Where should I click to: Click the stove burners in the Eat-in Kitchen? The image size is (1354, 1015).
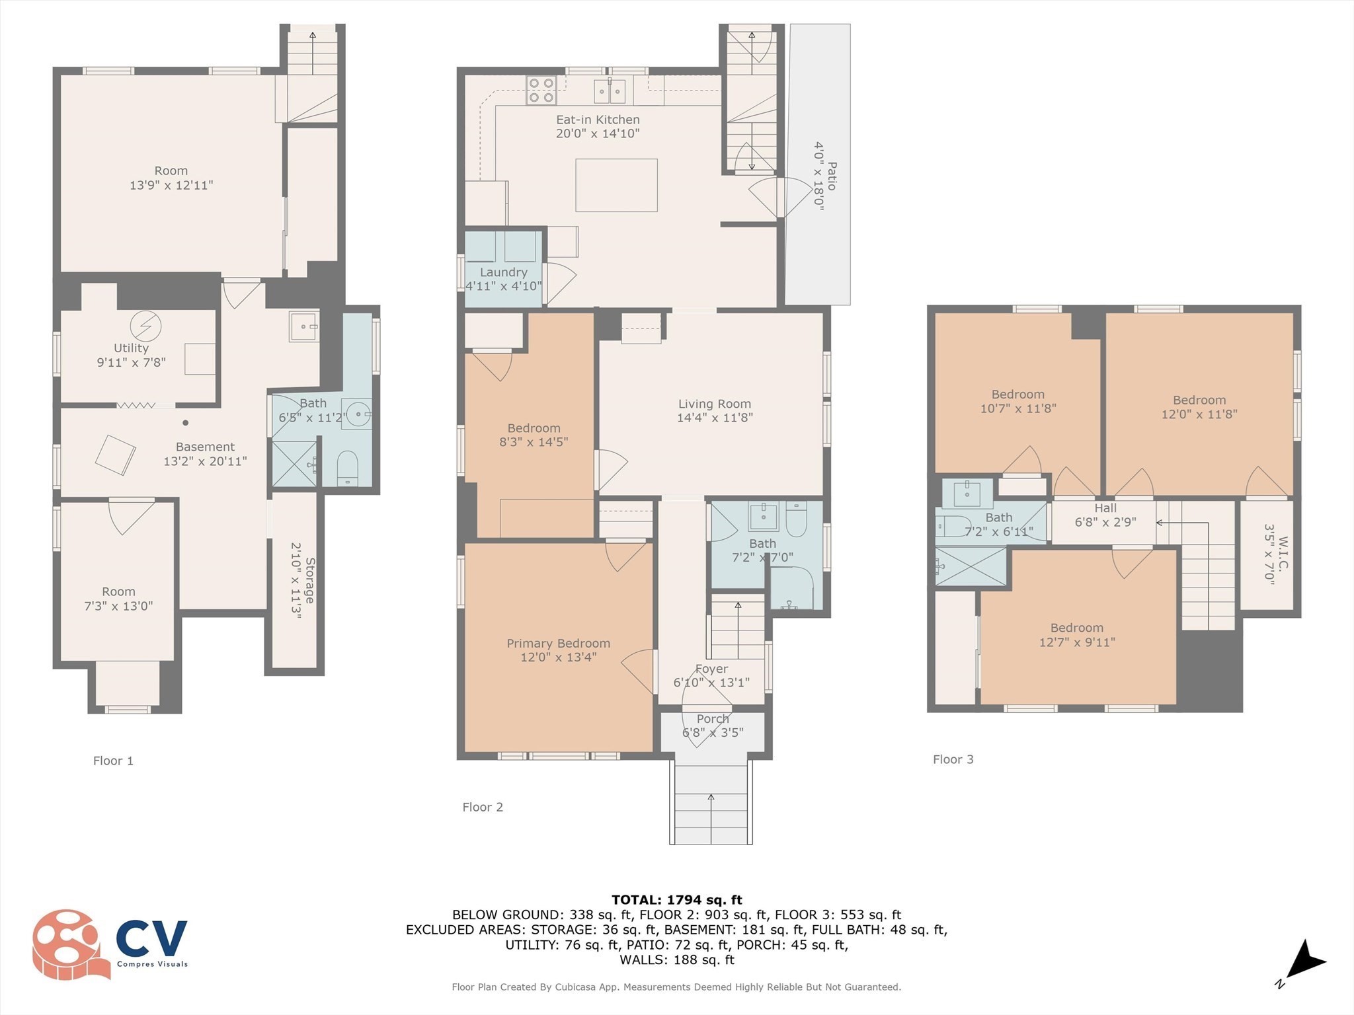[541, 91]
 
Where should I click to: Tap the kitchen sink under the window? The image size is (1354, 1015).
[610, 91]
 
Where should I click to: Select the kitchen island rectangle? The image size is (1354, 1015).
[616, 185]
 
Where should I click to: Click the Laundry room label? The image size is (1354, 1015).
[504, 272]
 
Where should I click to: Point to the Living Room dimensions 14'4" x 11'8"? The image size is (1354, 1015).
[715, 418]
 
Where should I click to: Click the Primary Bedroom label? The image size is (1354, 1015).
[558, 643]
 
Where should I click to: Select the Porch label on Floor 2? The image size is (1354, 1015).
[713, 719]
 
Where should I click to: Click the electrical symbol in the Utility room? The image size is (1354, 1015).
[145, 324]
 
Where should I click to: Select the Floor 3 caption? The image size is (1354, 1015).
[953, 759]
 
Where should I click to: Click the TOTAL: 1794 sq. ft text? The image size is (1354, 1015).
[676, 899]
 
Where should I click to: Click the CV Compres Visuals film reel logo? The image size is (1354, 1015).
[69, 944]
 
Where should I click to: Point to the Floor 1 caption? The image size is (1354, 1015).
[113, 761]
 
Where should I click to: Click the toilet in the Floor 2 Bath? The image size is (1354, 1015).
[796, 520]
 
